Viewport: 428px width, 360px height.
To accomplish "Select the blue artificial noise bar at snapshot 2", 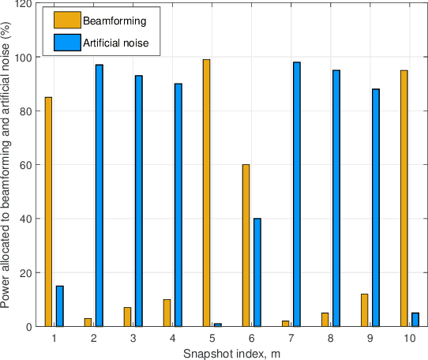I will [x=99, y=195].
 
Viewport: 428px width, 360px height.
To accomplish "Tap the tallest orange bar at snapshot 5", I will [x=206, y=193].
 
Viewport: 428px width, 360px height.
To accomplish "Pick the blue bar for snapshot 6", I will [x=257, y=272].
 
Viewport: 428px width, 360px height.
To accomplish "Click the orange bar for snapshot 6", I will [x=246, y=246].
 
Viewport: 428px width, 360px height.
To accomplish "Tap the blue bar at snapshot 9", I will [x=376, y=208].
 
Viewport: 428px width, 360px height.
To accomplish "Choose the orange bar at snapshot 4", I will [x=167, y=313].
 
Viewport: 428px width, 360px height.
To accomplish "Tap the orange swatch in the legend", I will [x=69, y=20].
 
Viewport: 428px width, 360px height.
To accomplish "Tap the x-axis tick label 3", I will [x=133, y=338].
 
